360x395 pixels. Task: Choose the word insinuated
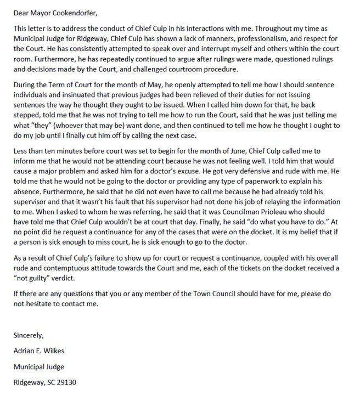point(79,95)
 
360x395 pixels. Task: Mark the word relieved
point(215,95)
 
